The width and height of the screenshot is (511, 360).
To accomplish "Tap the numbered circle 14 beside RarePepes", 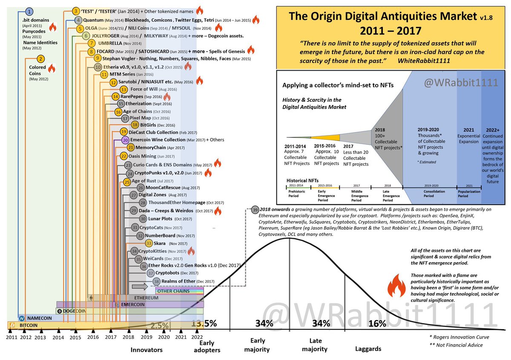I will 115,97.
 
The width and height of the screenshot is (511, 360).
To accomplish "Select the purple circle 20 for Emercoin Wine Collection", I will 125,140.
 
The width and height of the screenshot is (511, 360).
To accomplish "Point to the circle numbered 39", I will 255,210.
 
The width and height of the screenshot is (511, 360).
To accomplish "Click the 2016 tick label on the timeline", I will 93,337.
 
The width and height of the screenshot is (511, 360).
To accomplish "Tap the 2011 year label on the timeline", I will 11,337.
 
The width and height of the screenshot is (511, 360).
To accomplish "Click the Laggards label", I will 368,348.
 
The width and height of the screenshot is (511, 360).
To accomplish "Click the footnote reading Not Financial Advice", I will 456,345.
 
